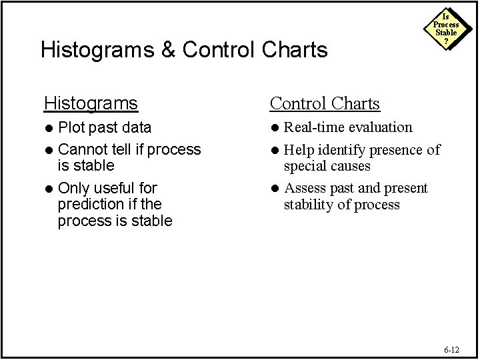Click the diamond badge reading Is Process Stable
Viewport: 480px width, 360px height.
pos(446,28)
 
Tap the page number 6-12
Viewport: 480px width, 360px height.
pos(451,349)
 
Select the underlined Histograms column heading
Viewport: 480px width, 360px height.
pos(91,103)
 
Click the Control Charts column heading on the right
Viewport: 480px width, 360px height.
pos(324,103)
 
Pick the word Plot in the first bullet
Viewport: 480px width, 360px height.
pos(71,127)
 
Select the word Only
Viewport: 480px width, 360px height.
pos(73,189)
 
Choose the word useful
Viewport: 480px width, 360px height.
pos(114,189)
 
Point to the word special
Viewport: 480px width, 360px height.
pos(305,165)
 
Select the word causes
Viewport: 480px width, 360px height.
pos(350,165)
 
